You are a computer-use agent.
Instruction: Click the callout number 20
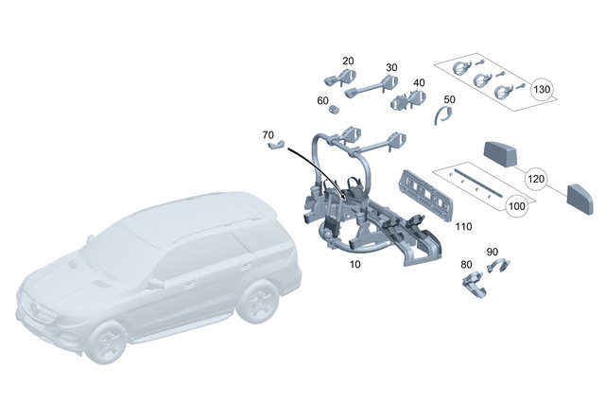(348, 61)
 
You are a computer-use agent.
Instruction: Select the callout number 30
(391, 68)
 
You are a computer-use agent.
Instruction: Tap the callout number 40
(419, 83)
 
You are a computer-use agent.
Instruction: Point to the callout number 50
(449, 98)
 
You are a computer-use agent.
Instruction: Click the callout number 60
(322, 100)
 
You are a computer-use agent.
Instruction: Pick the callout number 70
(268, 135)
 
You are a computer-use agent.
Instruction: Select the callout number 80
(465, 265)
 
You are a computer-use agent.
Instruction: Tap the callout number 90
(492, 252)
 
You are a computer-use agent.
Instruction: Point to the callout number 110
(462, 227)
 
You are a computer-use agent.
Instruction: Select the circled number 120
(536, 178)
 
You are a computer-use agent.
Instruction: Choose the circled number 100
(517, 205)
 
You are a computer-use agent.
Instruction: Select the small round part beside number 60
(333, 110)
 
